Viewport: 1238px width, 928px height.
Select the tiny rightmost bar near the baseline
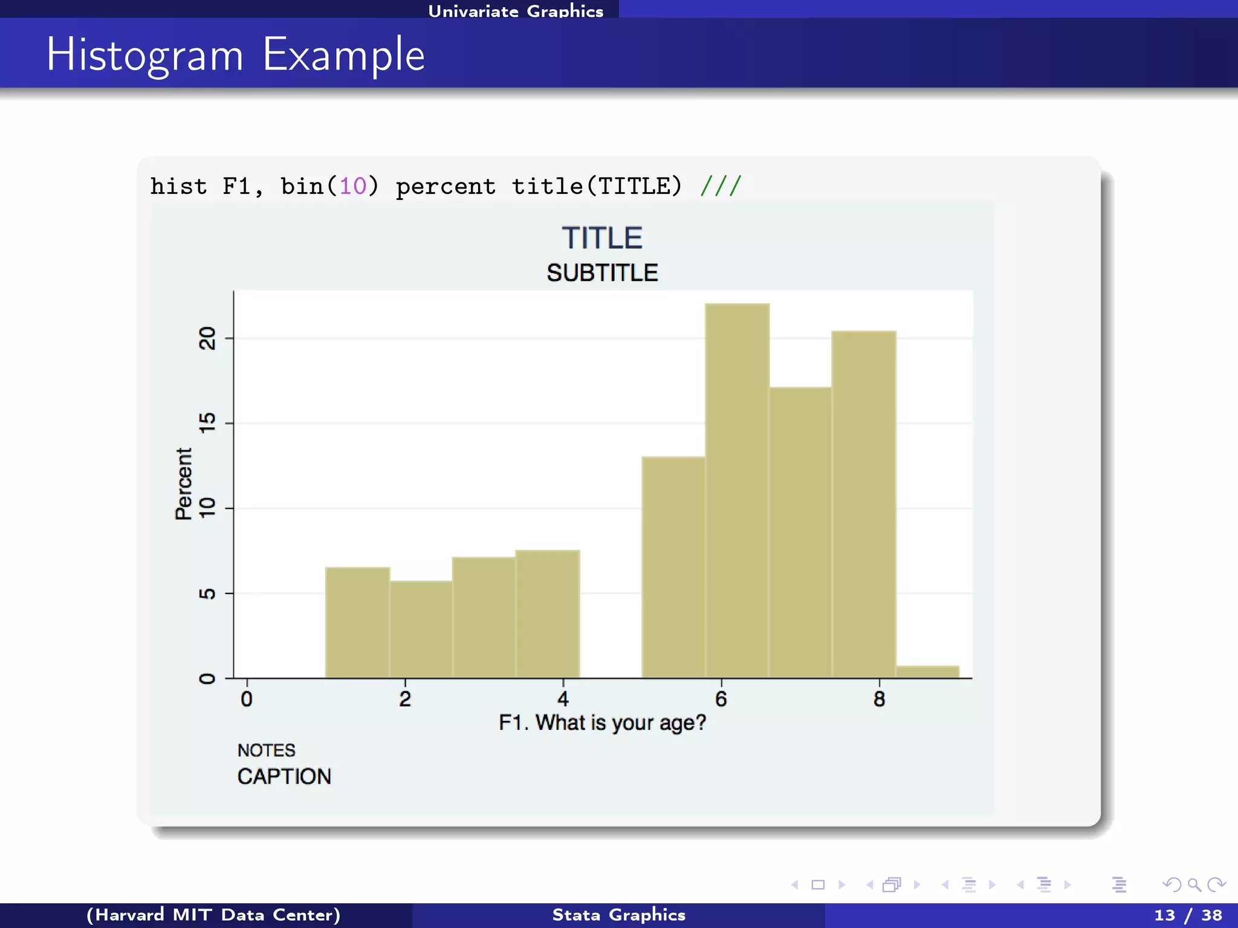point(927,672)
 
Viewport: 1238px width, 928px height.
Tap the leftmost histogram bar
point(357,622)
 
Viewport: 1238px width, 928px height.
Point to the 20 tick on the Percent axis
point(207,338)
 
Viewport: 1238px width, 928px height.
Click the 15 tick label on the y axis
point(207,423)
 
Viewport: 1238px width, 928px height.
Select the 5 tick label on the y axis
point(207,593)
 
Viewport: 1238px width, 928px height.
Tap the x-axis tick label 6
point(721,699)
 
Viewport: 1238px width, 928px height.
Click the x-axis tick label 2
point(405,699)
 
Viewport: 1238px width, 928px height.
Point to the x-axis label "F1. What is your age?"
point(602,723)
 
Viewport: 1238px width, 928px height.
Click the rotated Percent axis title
point(184,483)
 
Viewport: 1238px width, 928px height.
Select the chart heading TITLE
point(602,237)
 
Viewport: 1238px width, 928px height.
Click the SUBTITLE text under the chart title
point(602,273)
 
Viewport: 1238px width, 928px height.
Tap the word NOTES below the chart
point(266,750)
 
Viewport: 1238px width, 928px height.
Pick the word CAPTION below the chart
point(284,776)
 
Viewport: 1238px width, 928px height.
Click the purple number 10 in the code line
point(353,186)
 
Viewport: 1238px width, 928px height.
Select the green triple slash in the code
point(721,186)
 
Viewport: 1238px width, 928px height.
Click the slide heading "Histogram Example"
point(236,54)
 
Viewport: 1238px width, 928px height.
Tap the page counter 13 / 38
point(1188,915)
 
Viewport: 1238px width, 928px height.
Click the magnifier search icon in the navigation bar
point(1194,885)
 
